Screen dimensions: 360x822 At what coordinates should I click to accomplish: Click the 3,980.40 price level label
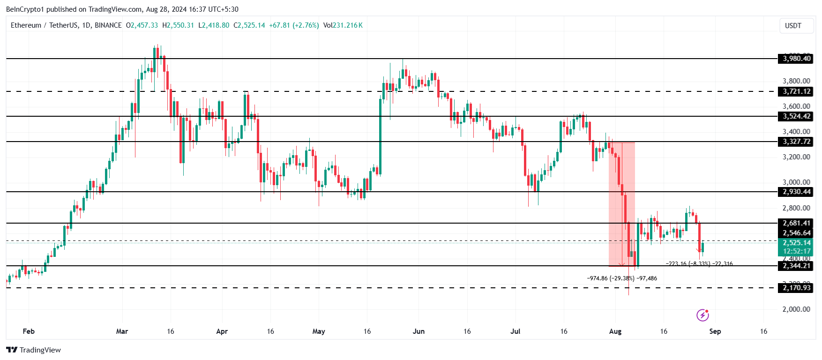tap(796, 59)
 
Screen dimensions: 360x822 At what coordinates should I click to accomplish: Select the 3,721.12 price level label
tap(796, 91)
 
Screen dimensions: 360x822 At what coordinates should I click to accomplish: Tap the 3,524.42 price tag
tap(796, 116)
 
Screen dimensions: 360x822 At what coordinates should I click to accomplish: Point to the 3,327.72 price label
tap(796, 142)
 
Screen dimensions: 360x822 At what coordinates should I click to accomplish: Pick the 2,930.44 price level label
tap(796, 192)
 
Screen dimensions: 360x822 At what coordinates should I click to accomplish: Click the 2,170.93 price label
tap(796, 288)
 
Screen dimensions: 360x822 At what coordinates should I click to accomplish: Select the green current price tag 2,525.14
tap(796, 243)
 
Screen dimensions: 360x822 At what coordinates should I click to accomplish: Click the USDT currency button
tap(793, 26)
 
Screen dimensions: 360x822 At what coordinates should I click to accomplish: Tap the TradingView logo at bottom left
tap(34, 350)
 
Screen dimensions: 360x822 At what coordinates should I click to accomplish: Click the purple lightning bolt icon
tap(702, 315)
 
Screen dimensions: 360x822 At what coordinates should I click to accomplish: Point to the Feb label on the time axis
tap(29, 331)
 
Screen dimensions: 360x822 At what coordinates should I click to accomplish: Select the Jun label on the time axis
tap(418, 331)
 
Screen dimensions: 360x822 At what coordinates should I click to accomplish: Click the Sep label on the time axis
tap(715, 331)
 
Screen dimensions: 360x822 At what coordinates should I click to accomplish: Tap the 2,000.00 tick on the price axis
tap(796, 309)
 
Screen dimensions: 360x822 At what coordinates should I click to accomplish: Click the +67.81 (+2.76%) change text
tap(294, 25)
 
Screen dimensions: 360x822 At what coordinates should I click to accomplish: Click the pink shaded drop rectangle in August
tap(621, 202)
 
